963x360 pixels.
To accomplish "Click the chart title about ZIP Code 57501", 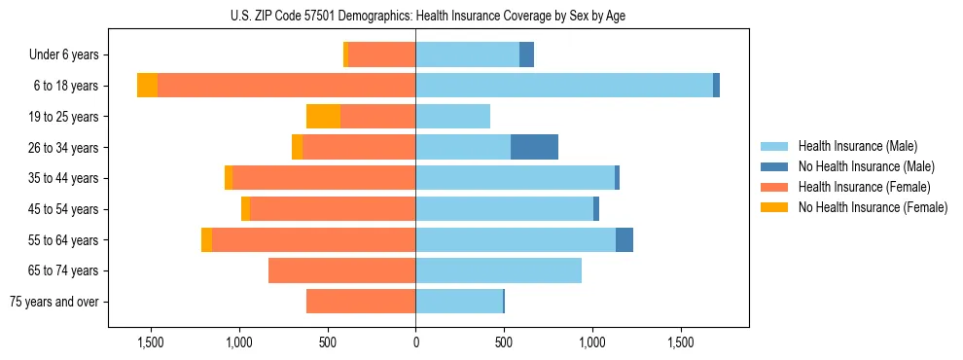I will [481, 16].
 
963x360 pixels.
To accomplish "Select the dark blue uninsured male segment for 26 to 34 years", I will [534, 147].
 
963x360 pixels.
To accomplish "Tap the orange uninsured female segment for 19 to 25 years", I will [323, 117].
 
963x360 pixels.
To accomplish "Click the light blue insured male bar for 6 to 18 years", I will [564, 86].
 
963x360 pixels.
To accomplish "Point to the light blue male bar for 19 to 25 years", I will [452, 117].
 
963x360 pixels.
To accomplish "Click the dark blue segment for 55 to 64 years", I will [624, 239].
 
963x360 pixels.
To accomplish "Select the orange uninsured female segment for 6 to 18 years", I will [147, 86].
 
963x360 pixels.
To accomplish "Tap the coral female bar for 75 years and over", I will [361, 302].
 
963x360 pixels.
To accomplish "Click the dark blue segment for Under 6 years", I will [526, 54].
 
